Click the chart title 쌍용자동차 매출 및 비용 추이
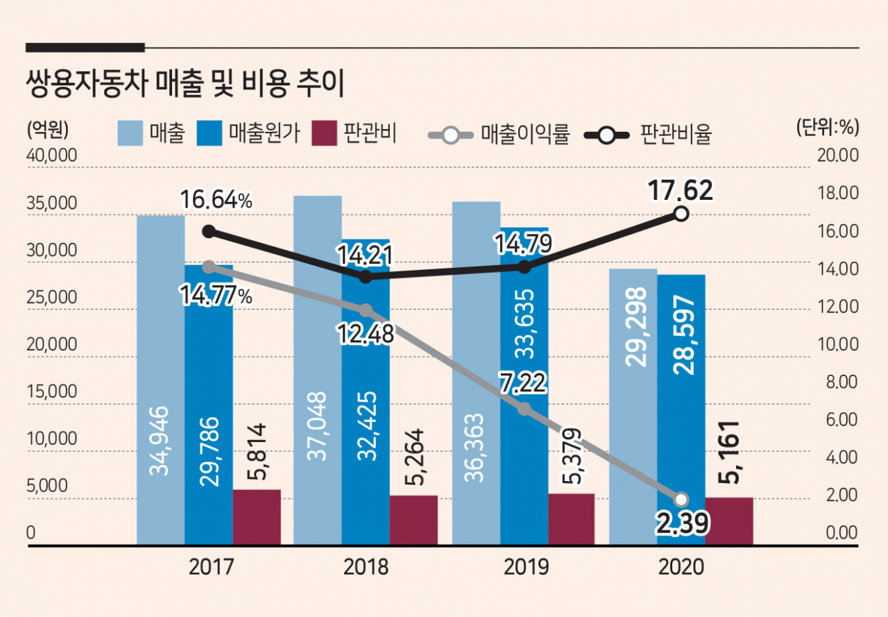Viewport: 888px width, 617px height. [x=185, y=84]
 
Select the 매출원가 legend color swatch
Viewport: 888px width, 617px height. [x=210, y=133]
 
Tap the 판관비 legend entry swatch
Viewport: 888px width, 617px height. [x=324, y=133]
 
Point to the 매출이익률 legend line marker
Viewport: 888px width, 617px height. [x=451, y=135]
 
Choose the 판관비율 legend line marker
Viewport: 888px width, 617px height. [x=606, y=135]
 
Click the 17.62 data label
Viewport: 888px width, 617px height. [x=681, y=191]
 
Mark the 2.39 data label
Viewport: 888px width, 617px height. [x=682, y=523]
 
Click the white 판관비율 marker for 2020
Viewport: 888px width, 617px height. [x=681, y=214]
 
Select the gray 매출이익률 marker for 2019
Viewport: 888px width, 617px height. [x=524, y=409]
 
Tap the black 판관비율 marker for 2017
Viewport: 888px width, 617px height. [x=209, y=232]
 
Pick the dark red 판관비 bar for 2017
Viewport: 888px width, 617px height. [x=257, y=517]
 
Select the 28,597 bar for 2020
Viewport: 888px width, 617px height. [x=681, y=409]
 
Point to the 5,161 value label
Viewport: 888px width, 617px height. [x=728, y=453]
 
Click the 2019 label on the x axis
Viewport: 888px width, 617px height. [x=526, y=567]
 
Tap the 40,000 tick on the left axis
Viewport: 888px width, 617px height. [x=51, y=155]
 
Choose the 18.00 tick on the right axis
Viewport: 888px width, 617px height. [x=837, y=193]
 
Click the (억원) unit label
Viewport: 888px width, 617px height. [x=48, y=129]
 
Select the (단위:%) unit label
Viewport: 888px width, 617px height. [x=828, y=128]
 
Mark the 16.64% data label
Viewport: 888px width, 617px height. [x=216, y=199]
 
